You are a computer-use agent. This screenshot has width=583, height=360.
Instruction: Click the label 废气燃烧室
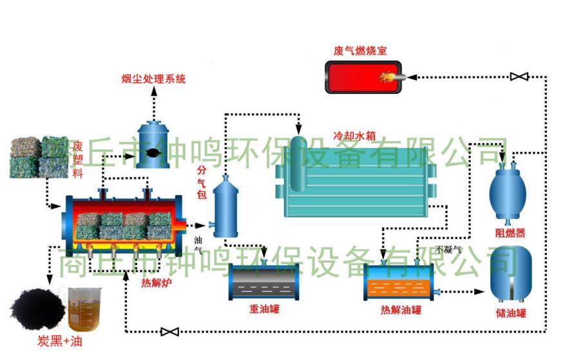click(360, 50)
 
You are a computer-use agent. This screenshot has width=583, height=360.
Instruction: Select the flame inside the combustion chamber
click(388, 77)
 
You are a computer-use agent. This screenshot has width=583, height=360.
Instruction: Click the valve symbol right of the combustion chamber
click(519, 77)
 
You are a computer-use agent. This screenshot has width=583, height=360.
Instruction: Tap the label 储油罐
click(512, 314)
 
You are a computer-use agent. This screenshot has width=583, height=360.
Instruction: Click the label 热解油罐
click(401, 310)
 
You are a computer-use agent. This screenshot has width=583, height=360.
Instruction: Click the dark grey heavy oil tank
click(263, 282)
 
